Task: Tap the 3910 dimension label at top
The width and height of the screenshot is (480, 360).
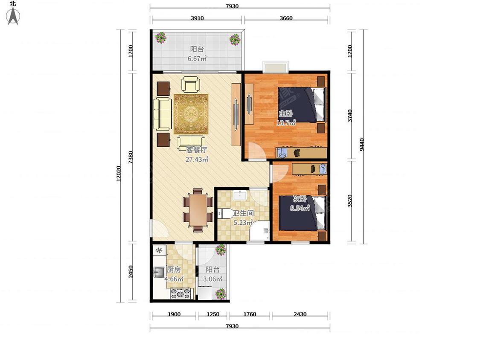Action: pos(197,18)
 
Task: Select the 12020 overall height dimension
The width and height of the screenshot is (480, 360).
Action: pos(119,174)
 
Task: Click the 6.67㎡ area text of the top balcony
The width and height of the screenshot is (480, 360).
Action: pos(197,58)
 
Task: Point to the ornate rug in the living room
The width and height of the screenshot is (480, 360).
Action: pos(191,114)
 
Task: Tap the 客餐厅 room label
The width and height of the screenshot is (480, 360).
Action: pos(197,150)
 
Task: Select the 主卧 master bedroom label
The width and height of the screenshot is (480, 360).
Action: pos(285,113)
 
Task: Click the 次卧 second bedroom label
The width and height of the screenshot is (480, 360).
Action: pos(300,199)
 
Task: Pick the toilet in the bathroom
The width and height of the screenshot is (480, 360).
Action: pos(224,213)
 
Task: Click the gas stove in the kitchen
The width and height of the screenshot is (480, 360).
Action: pos(181,293)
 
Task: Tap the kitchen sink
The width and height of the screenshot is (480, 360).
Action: pos(159,272)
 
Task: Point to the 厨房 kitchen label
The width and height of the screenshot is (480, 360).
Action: pos(174,270)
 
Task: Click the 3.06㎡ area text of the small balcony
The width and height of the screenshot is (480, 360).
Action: pos(212,279)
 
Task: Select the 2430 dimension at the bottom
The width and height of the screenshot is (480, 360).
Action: pos(300,314)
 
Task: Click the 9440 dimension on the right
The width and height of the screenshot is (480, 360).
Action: pos(362,145)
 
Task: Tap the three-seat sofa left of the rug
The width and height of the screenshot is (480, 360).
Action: pos(163,114)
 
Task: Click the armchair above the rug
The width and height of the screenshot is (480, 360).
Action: pos(191,84)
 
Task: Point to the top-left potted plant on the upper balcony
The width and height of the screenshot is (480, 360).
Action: pos(161,38)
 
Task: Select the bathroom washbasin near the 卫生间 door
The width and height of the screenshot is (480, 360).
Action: pos(240,195)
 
